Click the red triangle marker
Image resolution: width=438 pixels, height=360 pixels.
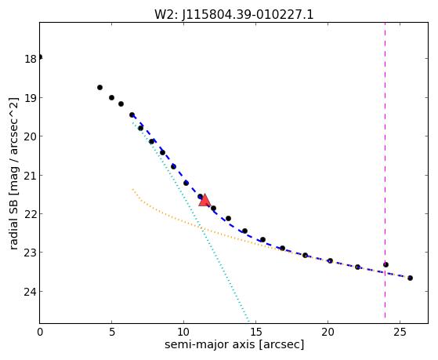[x=205, y=200]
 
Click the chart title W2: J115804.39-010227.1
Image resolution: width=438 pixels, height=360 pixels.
[x=234, y=14]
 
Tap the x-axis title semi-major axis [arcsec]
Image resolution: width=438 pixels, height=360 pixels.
[x=234, y=344]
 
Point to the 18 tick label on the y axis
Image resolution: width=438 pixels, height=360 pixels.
[x=31, y=59]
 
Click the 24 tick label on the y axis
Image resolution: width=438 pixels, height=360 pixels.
[x=31, y=292]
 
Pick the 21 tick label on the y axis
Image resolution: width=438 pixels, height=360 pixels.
[x=31, y=176]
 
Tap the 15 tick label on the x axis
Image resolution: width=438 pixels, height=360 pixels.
[x=255, y=332]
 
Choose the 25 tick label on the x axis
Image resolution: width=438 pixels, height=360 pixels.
[x=400, y=332]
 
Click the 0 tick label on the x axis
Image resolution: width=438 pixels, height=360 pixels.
[x=40, y=332]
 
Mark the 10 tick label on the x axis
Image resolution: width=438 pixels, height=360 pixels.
[x=183, y=332]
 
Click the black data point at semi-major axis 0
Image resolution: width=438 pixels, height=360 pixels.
[x=40, y=57]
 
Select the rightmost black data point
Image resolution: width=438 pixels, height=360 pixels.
[x=410, y=278]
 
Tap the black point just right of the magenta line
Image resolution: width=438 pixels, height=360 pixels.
[x=386, y=264]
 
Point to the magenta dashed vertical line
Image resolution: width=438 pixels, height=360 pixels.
[x=385, y=170]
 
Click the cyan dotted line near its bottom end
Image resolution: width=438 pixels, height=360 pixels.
[x=248, y=318]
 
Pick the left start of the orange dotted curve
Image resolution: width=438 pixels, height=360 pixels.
[x=133, y=190]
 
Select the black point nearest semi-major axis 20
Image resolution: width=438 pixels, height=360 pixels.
[x=330, y=260]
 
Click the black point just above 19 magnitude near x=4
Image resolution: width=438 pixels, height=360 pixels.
[x=100, y=88]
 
